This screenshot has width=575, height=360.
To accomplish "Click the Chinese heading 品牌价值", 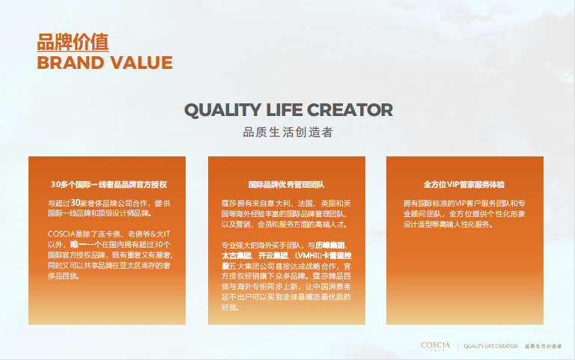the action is tap(73, 42).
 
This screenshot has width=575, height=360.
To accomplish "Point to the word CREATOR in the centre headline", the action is tap(350, 110).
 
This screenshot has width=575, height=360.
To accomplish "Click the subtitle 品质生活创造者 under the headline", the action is tap(287, 132).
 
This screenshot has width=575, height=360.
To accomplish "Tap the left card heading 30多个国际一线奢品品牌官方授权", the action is tap(109, 184).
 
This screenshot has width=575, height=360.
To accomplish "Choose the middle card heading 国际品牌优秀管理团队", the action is tap(286, 184).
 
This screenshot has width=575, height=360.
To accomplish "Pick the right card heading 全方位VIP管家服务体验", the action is tap(464, 184).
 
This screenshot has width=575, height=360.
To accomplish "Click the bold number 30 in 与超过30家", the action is tap(75, 203).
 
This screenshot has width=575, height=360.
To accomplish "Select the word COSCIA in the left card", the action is tap(61, 234).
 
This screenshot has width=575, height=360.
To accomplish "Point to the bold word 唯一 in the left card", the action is tap(78, 244).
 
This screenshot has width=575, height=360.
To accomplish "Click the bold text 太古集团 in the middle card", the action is tap(236, 255).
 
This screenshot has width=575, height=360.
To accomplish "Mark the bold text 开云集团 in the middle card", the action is tap(273, 255).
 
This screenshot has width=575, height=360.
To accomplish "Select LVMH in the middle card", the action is tap(305, 255).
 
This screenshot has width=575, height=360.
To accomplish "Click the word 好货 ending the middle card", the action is tap(229, 307).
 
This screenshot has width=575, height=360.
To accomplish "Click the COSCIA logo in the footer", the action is tap(435, 346).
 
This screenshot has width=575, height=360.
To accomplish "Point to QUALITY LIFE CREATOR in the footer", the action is tap(490, 347).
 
